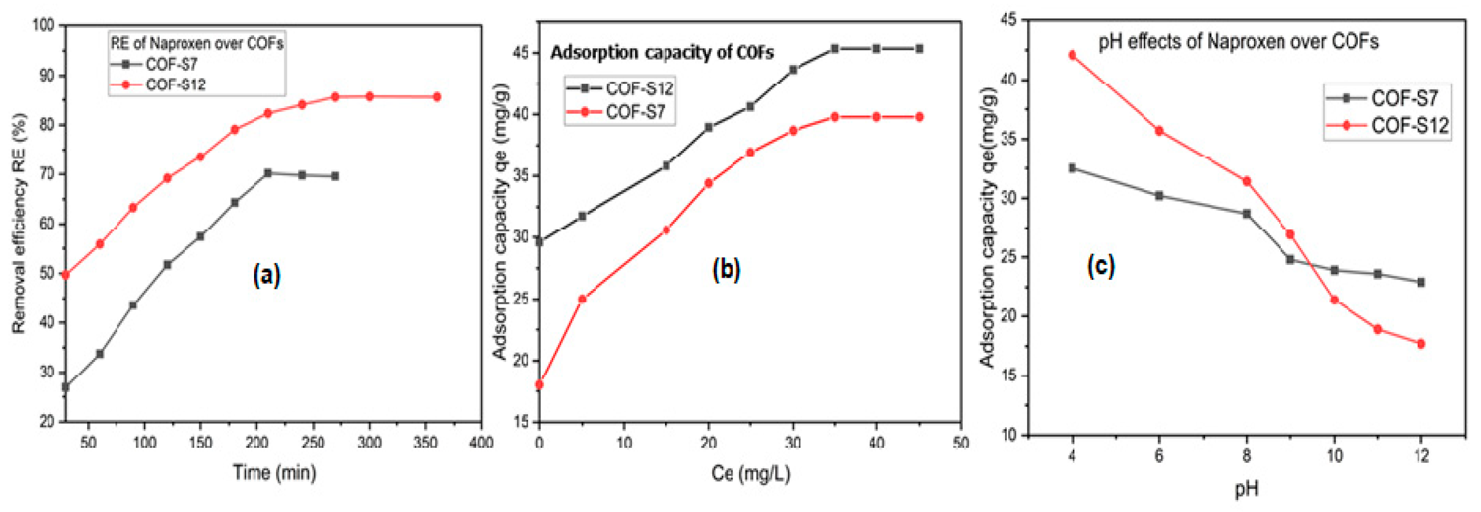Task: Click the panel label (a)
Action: (266, 275)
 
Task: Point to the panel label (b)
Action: (726, 269)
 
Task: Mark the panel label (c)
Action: (1100, 265)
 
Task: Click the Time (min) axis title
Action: (274, 473)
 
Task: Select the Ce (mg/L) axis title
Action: (750, 473)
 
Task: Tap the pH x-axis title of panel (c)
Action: (1246, 489)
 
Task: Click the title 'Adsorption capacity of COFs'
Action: (662, 53)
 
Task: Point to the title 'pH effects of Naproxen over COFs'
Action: (1238, 42)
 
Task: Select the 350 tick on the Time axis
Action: (425, 442)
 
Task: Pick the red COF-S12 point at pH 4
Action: (1072, 55)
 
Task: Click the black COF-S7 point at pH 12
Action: (1421, 283)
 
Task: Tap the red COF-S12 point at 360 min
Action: (437, 97)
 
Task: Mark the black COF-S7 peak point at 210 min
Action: (267, 173)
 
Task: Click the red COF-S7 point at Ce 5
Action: (582, 299)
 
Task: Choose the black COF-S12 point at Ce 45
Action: (919, 49)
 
